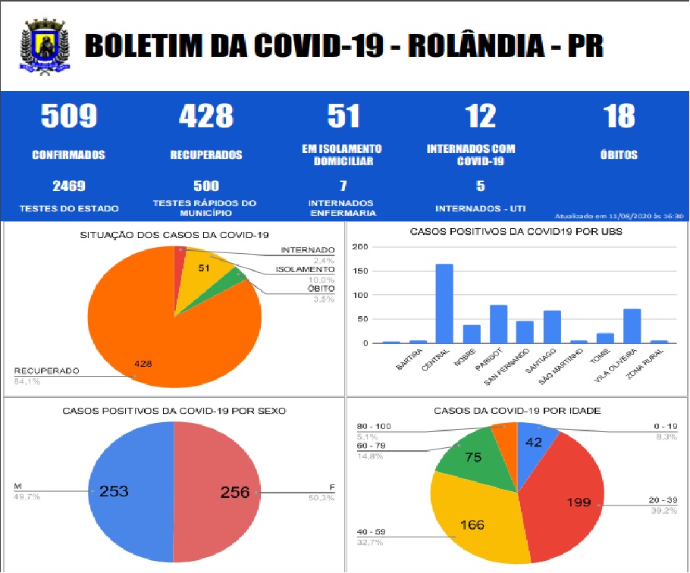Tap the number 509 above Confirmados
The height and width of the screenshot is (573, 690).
pyautogui.click(x=68, y=117)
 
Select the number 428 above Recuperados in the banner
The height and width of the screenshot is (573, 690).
pyautogui.click(x=205, y=117)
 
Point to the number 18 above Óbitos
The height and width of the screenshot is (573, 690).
pyautogui.click(x=619, y=117)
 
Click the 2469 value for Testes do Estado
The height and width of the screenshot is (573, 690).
pyautogui.click(x=68, y=186)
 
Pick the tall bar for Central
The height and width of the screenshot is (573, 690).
pyautogui.click(x=445, y=303)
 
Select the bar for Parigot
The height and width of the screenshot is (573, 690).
pyautogui.click(x=498, y=324)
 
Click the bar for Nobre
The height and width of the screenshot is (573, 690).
pyautogui.click(x=472, y=333)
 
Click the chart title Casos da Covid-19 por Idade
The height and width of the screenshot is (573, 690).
pyautogui.click(x=517, y=410)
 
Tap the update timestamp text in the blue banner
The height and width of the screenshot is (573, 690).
pyautogui.click(x=619, y=215)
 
